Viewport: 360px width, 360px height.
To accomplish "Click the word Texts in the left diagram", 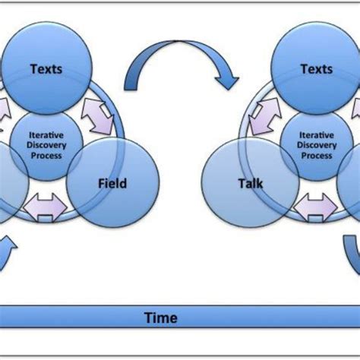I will (46, 69).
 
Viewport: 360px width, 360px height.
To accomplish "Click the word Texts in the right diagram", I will (316, 69).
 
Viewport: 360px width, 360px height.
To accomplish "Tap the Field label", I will (112, 183).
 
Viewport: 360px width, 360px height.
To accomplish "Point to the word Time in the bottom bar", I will (161, 317).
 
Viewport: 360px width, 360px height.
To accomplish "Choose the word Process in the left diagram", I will (46, 155).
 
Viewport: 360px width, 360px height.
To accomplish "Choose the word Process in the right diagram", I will (317, 155).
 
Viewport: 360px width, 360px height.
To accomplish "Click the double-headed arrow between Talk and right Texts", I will (261, 117).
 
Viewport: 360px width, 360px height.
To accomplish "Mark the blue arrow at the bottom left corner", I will (8, 254).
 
